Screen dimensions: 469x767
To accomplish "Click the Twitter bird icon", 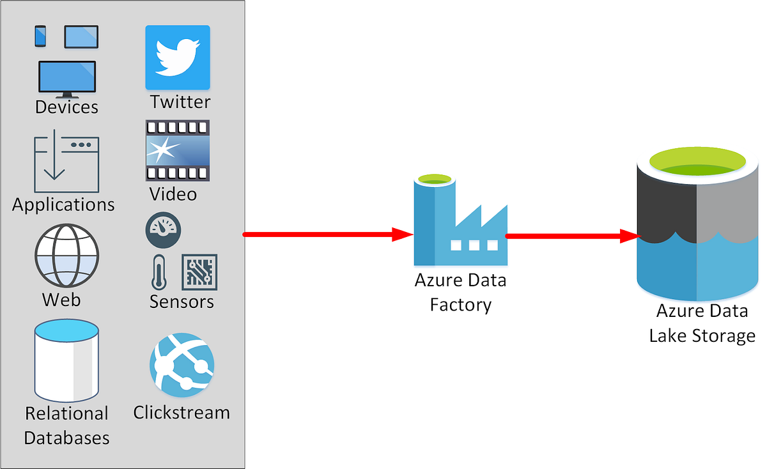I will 177,58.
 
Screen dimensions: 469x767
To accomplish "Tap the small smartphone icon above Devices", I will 40,36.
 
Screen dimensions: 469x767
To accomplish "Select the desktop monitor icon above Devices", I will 67,78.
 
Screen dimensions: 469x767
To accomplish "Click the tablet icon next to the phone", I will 81,37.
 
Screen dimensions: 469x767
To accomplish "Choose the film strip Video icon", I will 178,151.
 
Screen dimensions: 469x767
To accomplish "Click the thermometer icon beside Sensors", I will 158,272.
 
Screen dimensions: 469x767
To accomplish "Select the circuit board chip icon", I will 199,272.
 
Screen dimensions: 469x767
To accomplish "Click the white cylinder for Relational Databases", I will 66,361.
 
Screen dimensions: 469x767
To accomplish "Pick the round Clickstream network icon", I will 182,365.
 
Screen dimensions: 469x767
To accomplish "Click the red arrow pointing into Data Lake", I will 573,236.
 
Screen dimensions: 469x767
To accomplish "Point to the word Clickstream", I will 182,413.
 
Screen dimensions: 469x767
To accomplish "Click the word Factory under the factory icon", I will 460,304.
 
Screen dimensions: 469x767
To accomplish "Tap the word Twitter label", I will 180,102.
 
